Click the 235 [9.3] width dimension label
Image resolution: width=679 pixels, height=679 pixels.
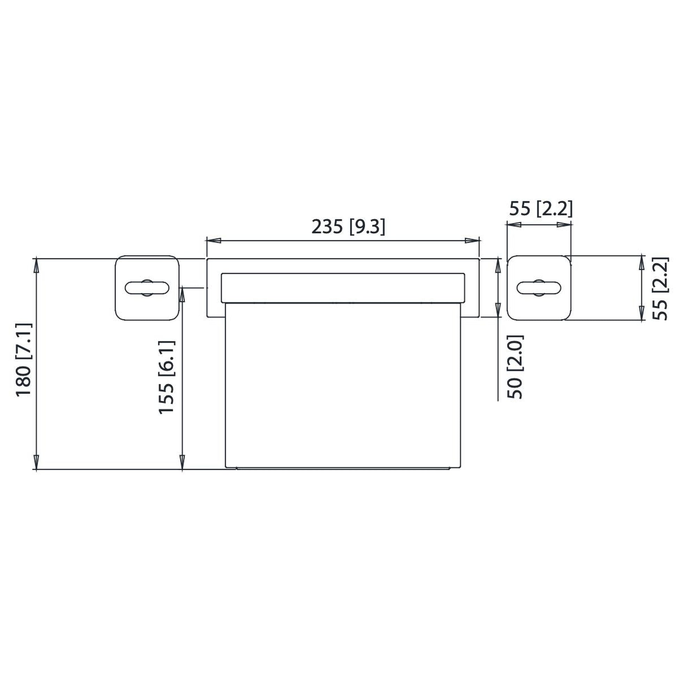point(348,227)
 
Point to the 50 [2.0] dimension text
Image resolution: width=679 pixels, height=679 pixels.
point(515,367)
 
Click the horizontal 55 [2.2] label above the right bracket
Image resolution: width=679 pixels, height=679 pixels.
point(541,209)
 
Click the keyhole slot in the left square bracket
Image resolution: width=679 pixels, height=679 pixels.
point(147,288)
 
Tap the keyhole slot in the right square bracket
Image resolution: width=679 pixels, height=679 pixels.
point(539,288)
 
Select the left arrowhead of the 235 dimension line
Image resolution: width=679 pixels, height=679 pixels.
point(213,240)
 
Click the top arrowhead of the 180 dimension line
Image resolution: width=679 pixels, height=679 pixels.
point(36,266)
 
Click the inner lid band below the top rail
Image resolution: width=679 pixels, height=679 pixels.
point(343,288)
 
